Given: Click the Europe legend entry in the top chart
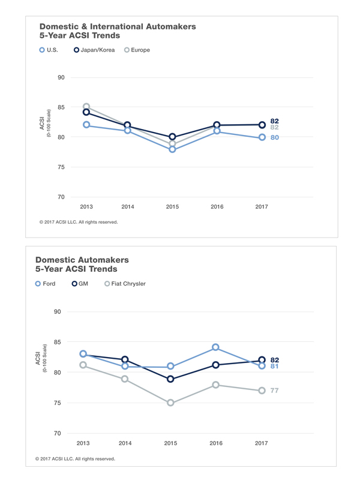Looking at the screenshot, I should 137,50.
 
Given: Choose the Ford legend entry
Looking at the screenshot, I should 46,284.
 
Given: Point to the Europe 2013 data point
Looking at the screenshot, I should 86,107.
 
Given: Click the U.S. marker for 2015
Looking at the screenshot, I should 172,149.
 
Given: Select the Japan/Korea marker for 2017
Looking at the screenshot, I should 262,125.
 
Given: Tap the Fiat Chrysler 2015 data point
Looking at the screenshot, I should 170,403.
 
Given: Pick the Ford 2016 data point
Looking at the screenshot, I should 215,347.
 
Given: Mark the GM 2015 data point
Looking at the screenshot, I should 170,379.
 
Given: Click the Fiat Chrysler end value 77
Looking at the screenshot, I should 274,391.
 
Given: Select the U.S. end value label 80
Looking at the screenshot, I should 274,137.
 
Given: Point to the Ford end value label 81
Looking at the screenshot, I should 274,366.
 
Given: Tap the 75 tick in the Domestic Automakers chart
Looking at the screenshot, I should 58,403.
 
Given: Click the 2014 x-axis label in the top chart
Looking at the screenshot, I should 128,207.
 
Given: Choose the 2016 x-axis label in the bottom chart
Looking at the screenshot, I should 215,443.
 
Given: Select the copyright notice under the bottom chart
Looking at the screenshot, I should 75,459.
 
